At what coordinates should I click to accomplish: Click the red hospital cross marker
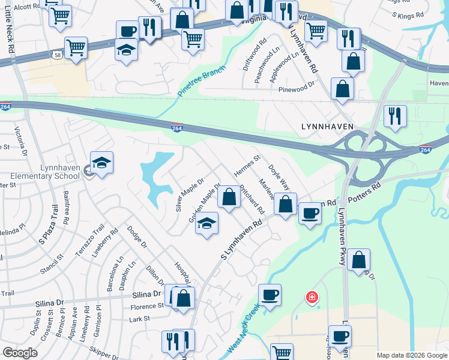tap(312, 297)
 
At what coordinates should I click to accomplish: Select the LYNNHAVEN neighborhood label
tap(326, 127)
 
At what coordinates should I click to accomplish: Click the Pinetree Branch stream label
tap(202, 82)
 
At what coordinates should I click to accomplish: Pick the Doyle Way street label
tap(279, 178)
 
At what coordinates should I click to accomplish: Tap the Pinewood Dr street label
tap(297, 88)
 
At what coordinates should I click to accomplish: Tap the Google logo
tap(20, 353)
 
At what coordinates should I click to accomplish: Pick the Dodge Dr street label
tap(136, 237)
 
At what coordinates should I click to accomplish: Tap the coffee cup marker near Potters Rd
tap(310, 214)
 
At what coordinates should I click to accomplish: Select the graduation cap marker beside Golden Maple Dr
tap(207, 224)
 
